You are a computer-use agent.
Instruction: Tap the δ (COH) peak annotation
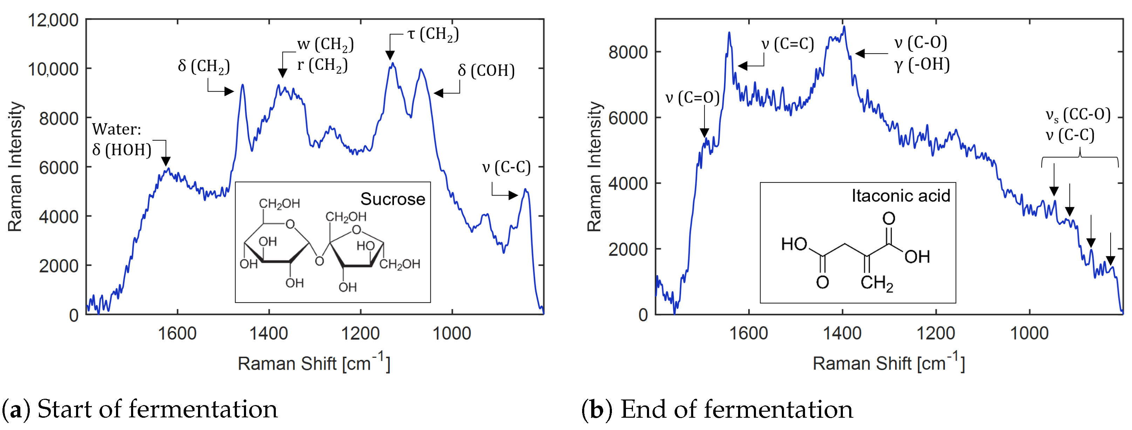[x=486, y=70]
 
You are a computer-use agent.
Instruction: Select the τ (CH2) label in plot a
[x=433, y=34]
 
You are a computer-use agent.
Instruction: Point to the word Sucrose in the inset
[x=393, y=199]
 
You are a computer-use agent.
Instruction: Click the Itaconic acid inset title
[x=900, y=196]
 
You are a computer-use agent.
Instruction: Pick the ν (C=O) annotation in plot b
[x=692, y=97]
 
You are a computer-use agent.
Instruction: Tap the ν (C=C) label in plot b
[x=787, y=44]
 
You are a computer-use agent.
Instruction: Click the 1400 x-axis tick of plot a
[x=268, y=334]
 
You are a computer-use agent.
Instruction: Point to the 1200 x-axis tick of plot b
[x=936, y=334]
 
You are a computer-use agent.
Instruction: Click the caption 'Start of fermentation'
[x=157, y=409]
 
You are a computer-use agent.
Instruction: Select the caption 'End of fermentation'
[x=736, y=409]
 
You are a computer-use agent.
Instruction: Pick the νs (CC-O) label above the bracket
[x=1078, y=115]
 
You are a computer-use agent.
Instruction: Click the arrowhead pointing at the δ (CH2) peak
[x=230, y=92]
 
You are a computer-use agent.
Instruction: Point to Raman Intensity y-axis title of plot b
[x=594, y=167]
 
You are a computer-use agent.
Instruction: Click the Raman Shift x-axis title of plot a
[x=314, y=363]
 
